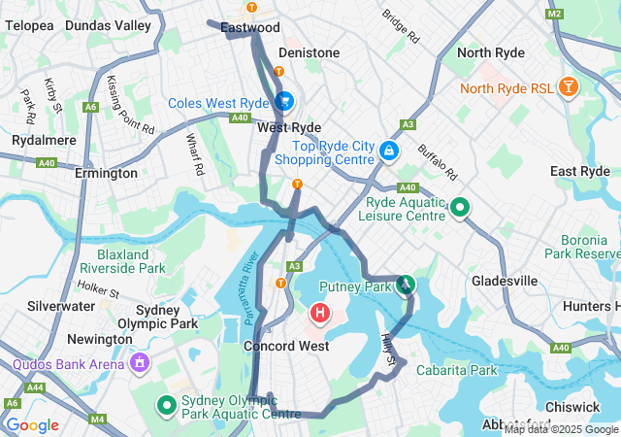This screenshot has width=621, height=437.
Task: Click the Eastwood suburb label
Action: tap(250, 28)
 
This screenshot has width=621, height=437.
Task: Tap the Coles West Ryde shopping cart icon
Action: tap(284, 101)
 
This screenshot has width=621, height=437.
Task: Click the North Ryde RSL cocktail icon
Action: tap(569, 88)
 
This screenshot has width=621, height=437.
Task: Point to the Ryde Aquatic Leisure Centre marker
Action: tap(460, 208)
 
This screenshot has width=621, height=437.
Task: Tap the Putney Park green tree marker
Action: tap(406, 285)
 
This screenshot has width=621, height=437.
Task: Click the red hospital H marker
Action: tap(319, 314)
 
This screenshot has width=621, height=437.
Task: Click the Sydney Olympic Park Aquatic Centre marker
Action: tap(165, 405)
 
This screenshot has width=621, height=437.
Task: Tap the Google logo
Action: tap(32, 425)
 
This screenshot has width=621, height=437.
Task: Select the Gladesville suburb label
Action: tap(505, 281)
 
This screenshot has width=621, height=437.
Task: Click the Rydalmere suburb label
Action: tap(37, 140)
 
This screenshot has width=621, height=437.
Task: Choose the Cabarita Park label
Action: tap(456, 370)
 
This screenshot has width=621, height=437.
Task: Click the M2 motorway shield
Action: tap(554, 14)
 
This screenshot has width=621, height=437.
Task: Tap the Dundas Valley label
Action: tap(109, 24)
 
